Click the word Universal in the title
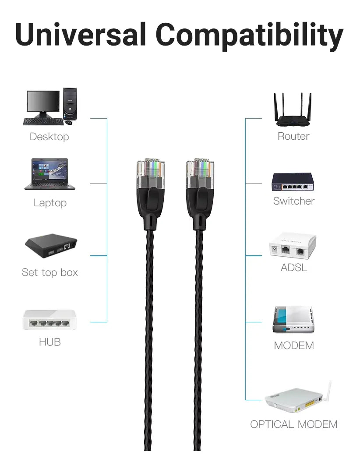[81, 35]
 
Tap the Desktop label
[49, 137]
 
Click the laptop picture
[50, 174]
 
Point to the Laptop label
[50, 203]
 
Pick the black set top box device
[51, 246]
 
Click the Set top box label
[50, 273]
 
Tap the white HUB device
[50, 320]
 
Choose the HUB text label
[50, 342]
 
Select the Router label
[293, 136]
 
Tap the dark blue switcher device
[293, 182]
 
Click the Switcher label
[294, 201]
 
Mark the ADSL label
[294, 268]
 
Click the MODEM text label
[294, 346]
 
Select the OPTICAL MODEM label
[294, 424]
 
